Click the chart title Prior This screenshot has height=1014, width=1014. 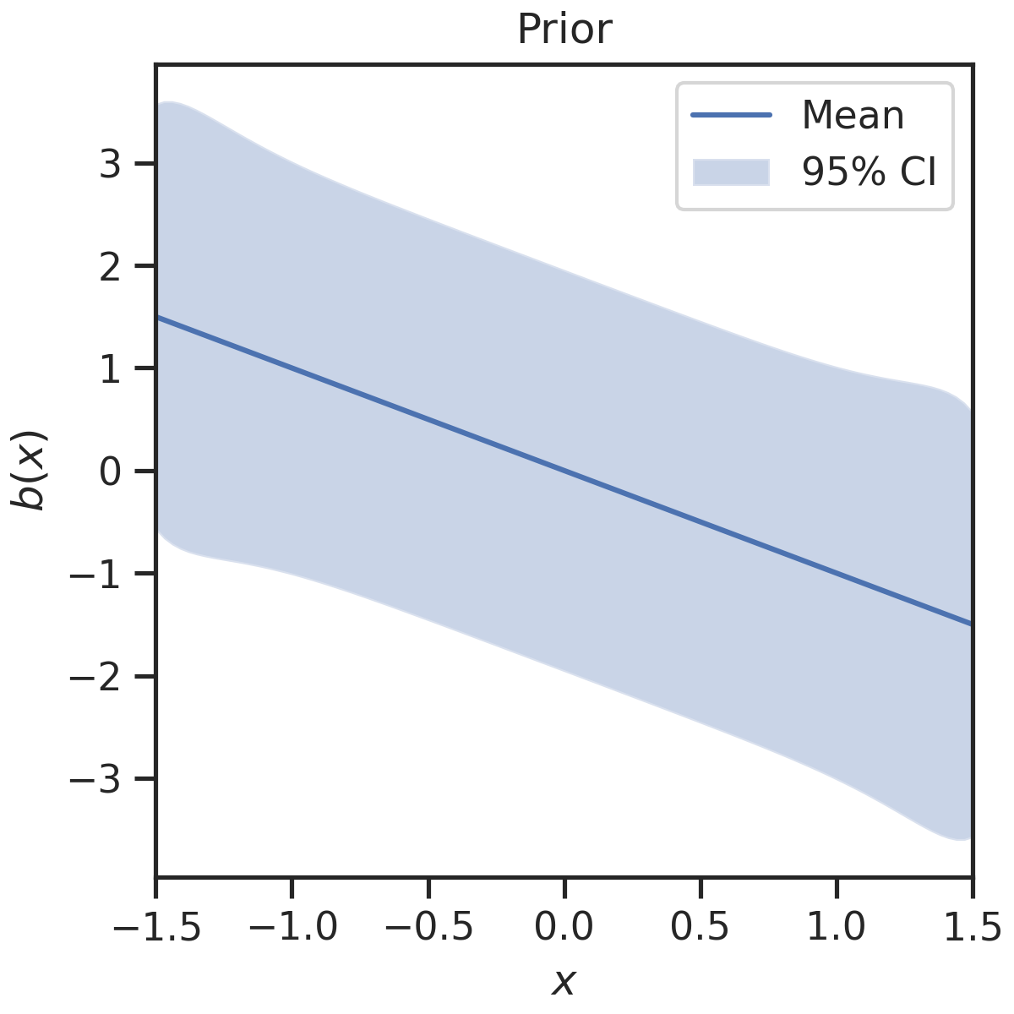(564, 30)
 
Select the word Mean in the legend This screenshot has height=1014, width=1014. (853, 115)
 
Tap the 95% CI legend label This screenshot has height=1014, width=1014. (869, 172)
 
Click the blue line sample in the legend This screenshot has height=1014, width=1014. (731, 115)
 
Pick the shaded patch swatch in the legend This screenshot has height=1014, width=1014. (731, 172)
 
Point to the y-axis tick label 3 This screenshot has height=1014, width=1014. (111, 164)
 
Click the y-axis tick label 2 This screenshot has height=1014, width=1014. (111, 266)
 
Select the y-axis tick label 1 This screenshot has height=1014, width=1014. (111, 368)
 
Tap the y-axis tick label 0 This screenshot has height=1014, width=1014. (111, 472)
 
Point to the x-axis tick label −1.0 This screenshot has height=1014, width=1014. (292, 926)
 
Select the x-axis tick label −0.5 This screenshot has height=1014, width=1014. (428, 926)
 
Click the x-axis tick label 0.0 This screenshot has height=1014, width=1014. (564, 926)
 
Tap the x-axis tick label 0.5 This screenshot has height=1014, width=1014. (701, 926)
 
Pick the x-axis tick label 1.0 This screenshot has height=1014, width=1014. (837, 926)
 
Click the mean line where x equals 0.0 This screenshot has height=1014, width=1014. (564, 471)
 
